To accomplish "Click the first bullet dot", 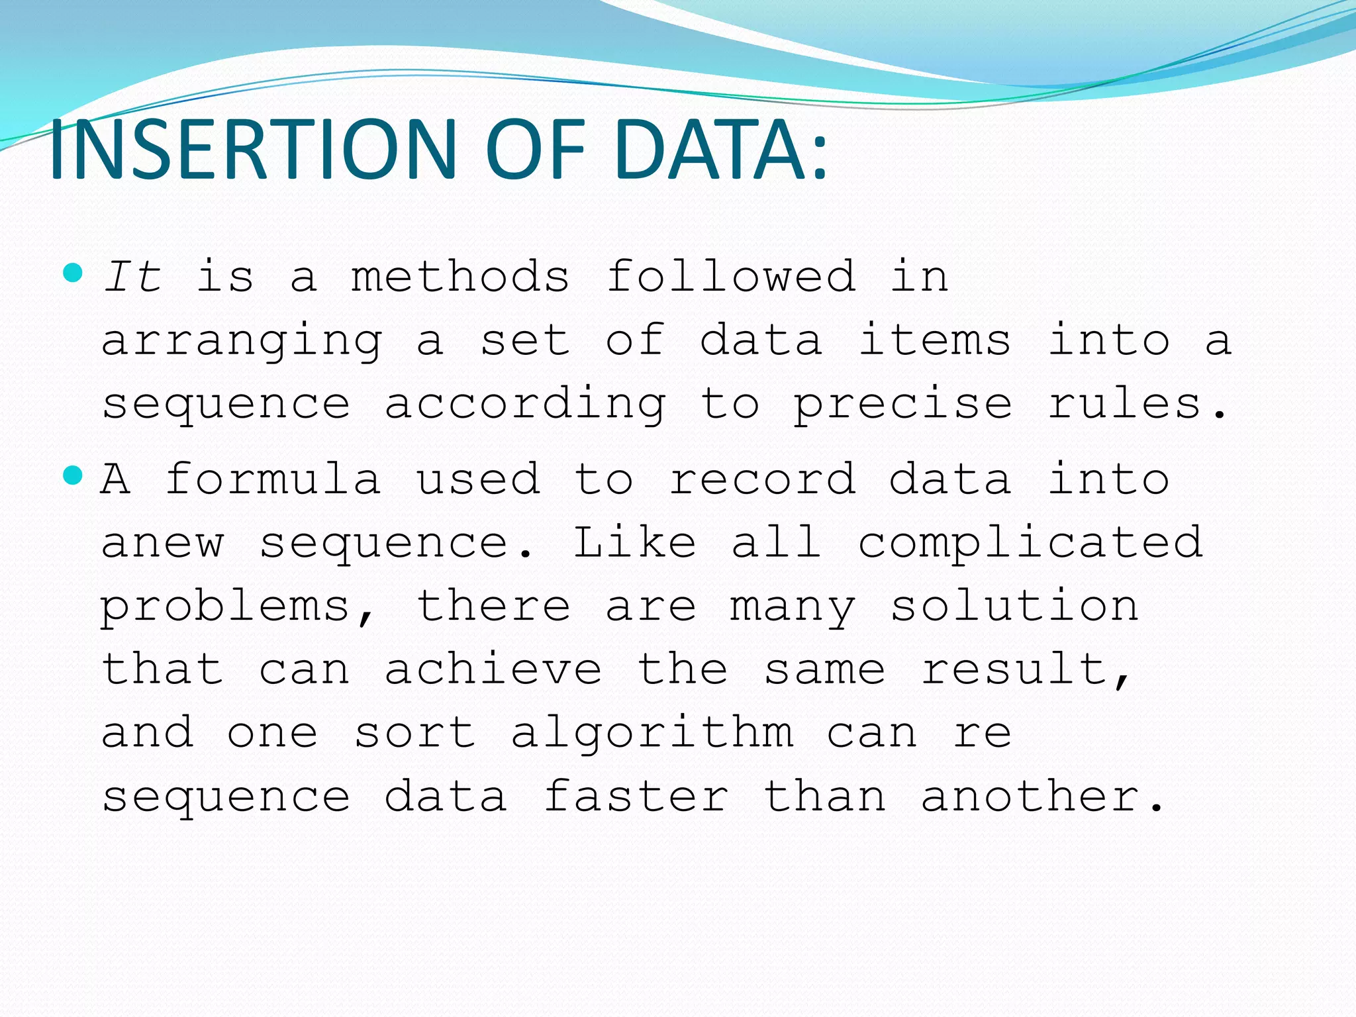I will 73,272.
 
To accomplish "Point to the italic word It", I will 132,276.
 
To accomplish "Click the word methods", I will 460,276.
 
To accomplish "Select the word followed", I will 731,276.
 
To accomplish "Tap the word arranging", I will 242,341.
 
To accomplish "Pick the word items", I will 934,340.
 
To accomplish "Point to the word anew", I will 162,543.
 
